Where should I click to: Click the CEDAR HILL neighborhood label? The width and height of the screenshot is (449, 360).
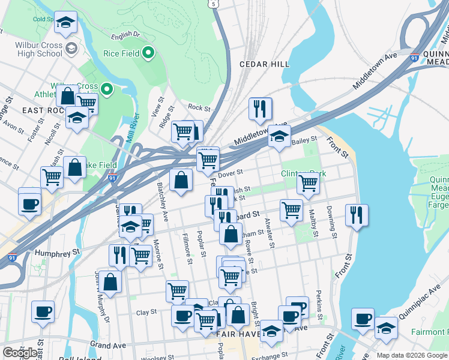(264, 64)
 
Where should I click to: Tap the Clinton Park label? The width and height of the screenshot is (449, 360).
(303, 174)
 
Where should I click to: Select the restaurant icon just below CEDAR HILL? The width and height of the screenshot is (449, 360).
(260, 109)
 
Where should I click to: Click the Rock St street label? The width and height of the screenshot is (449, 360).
(199, 109)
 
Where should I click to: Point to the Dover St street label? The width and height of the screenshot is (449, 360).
(229, 173)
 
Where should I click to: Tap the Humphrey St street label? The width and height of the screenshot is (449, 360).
(57, 253)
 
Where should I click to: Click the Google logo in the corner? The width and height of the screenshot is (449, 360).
(20, 352)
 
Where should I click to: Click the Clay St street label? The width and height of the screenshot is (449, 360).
(146, 312)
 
